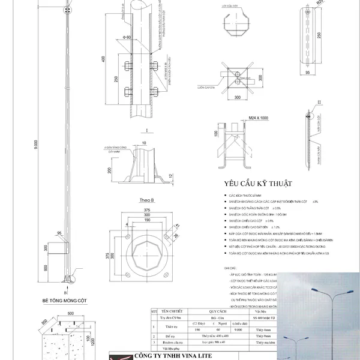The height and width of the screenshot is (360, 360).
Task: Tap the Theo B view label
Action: coord(139,200)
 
